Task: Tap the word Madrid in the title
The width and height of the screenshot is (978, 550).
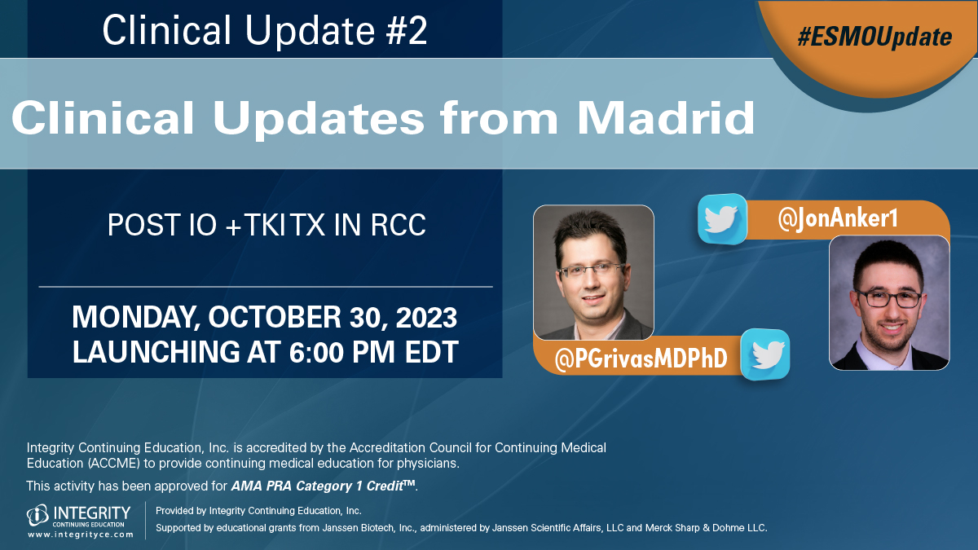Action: [666, 119]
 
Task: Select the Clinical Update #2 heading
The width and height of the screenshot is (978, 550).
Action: [265, 31]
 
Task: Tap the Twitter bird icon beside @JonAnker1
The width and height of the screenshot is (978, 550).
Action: [722, 218]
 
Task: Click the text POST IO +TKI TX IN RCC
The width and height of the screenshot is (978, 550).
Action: [267, 226]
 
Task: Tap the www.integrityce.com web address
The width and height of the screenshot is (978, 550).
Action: [81, 535]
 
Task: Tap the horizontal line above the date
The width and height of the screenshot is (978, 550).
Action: [266, 287]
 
